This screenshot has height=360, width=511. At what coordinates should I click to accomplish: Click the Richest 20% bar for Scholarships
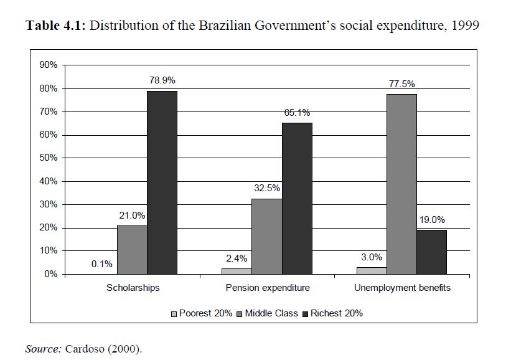pos(162,182)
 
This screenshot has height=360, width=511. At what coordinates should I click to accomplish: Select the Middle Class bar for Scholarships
pos(132,250)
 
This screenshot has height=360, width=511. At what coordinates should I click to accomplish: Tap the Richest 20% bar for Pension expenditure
pos(297,198)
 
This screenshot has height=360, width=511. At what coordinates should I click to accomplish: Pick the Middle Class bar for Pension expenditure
pos(267,236)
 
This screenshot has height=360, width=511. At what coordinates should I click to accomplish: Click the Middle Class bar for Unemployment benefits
pos(401,184)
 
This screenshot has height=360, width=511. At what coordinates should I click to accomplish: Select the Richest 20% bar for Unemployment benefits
pos(431,252)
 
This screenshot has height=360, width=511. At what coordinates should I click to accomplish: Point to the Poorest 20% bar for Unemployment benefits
pos(372,270)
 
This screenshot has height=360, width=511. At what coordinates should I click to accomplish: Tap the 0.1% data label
pos(102,263)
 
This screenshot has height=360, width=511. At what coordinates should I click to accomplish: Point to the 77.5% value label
pos(401,83)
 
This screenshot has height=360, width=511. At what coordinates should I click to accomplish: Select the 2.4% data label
pos(237,258)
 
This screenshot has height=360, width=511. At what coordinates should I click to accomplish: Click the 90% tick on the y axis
pos(49,65)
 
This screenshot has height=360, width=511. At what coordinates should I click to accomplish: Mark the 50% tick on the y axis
pos(49,158)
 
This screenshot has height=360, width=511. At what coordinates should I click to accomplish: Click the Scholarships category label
pos(133,288)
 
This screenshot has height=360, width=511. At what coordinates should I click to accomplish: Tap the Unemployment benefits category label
pos(402,288)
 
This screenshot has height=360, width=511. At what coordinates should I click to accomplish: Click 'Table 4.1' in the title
pos(55,27)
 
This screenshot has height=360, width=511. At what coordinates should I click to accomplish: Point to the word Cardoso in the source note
pos(82,348)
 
